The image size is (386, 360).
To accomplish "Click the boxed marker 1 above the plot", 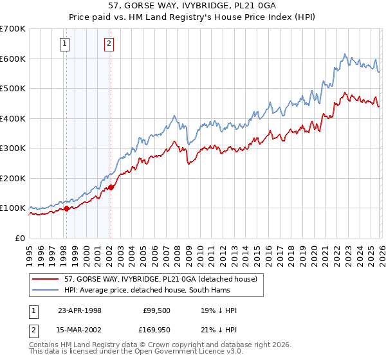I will point(66,44).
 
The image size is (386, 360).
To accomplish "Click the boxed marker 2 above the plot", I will point(109,44).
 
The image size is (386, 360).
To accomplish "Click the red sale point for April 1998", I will point(66,208).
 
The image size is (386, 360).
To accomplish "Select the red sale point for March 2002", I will point(111,187).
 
